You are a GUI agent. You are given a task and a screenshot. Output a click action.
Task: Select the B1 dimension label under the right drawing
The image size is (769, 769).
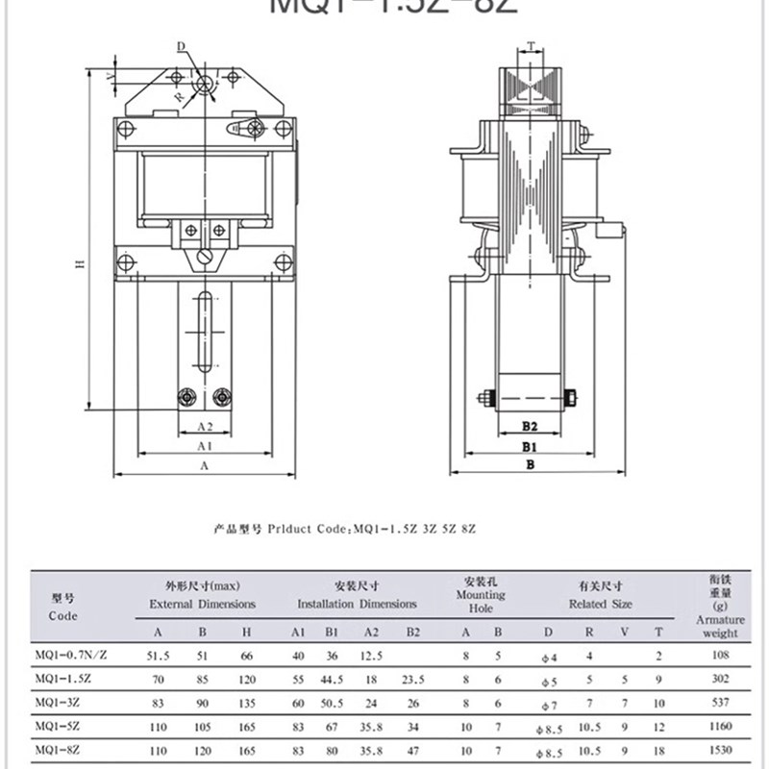[x=529, y=446]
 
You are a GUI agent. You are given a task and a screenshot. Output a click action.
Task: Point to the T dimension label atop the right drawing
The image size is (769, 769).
[x=531, y=45]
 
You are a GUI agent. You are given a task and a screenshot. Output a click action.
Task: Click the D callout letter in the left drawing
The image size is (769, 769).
[x=180, y=46]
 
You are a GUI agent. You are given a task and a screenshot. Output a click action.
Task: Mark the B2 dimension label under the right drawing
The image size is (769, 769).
[x=529, y=425]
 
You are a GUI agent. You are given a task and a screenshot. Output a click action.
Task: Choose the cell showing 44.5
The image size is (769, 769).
[x=333, y=679]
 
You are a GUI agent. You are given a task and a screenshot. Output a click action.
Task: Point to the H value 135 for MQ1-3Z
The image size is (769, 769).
[x=247, y=702]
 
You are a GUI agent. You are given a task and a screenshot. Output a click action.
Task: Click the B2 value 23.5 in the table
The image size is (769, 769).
[x=413, y=679]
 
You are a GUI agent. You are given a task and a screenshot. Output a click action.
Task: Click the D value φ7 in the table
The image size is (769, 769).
[x=548, y=703]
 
